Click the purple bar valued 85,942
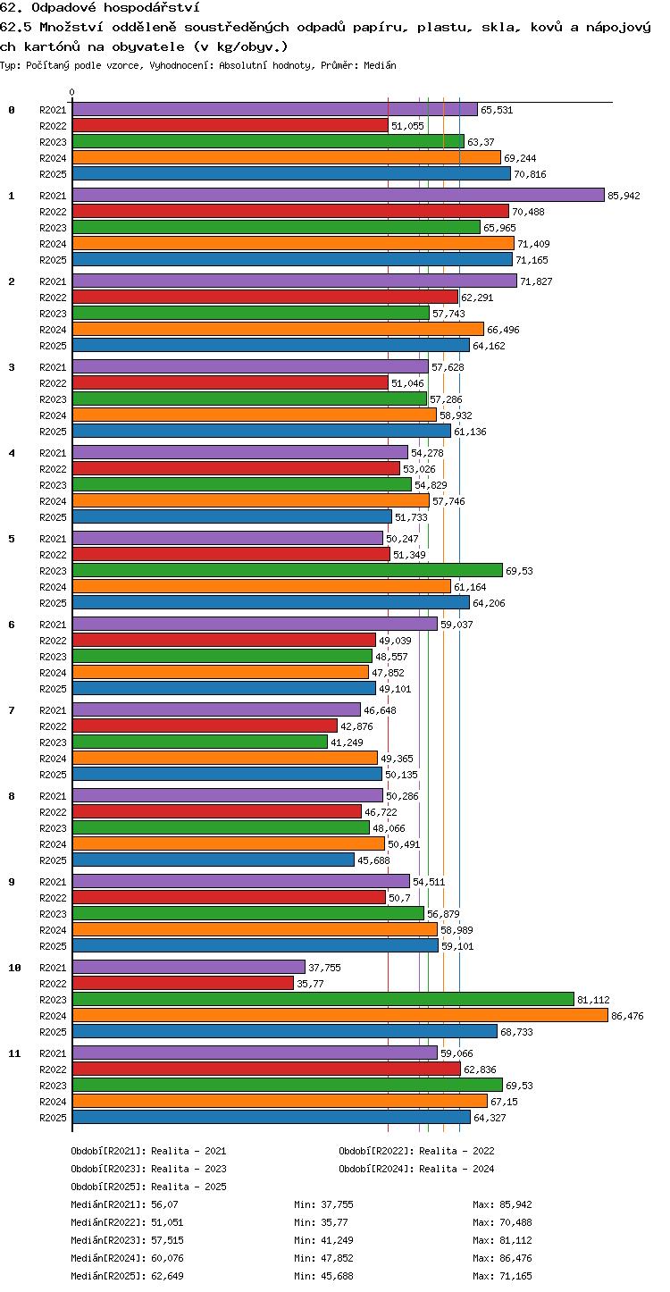[x=339, y=196]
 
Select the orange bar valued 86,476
[x=340, y=1016]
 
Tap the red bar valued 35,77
[x=183, y=984]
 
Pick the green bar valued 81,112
[x=323, y=1000]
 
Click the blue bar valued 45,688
[x=214, y=860]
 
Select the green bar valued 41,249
[x=200, y=742]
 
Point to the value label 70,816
[x=530, y=174]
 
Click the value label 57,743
[x=448, y=314]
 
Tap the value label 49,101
[x=395, y=689]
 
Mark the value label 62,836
[x=480, y=1070]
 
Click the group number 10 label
[x=14, y=968]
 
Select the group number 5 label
[x=12, y=539]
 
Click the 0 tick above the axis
[x=72, y=92]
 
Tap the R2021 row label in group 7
[x=53, y=710]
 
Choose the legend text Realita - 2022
[x=456, y=1151]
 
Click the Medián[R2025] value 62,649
[x=167, y=1276]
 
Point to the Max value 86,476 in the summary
[x=515, y=1258]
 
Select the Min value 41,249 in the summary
[x=337, y=1240]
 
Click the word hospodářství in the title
[x=152, y=8]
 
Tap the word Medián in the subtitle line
[x=380, y=65]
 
